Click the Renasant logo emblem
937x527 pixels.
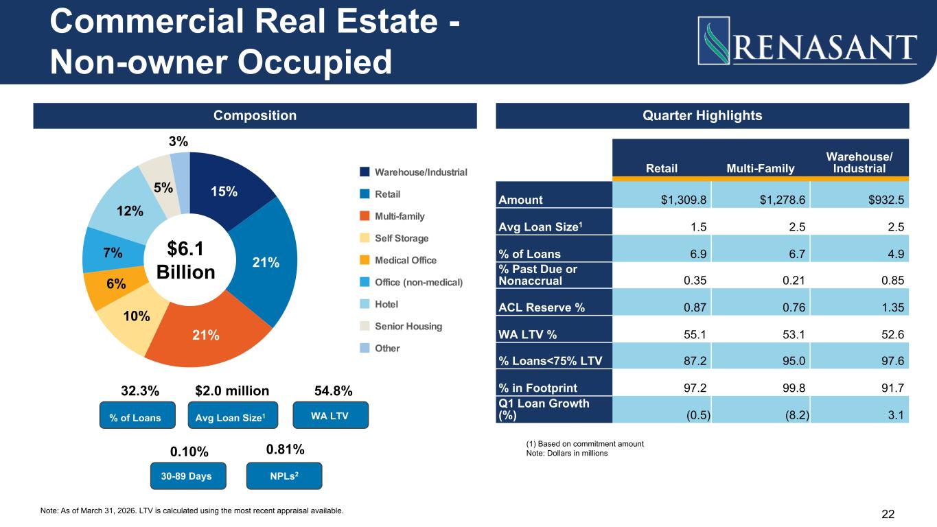tap(712, 40)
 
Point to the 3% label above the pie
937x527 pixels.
tap(178, 142)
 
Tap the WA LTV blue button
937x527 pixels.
tap(330, 417)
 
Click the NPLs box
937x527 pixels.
tap(284, 476)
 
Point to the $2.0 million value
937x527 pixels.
tap(232, 391)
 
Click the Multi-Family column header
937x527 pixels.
tap(759, 169)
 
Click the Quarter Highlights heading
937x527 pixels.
tap(702, 115)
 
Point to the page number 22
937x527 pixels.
tap(888, 514)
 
